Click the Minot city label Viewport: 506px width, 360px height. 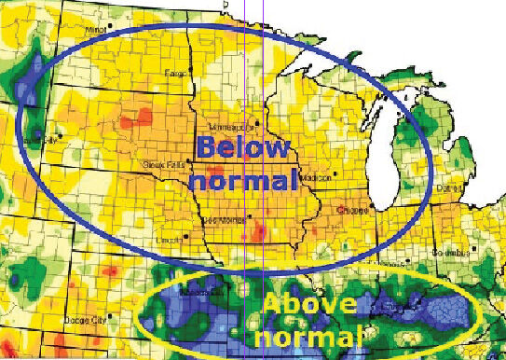[x=94, y=30]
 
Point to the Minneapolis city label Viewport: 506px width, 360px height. [x=231, y=122]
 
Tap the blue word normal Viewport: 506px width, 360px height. [x=245, y=179]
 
